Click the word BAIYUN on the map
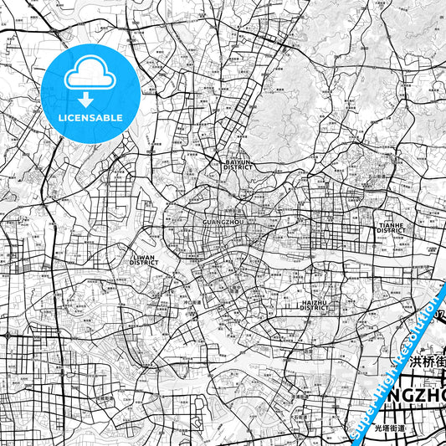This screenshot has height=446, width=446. coord(237,161)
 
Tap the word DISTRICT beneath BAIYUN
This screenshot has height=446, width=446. coord(237,167)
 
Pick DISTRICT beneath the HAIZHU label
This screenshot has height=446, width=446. coord(315,308)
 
